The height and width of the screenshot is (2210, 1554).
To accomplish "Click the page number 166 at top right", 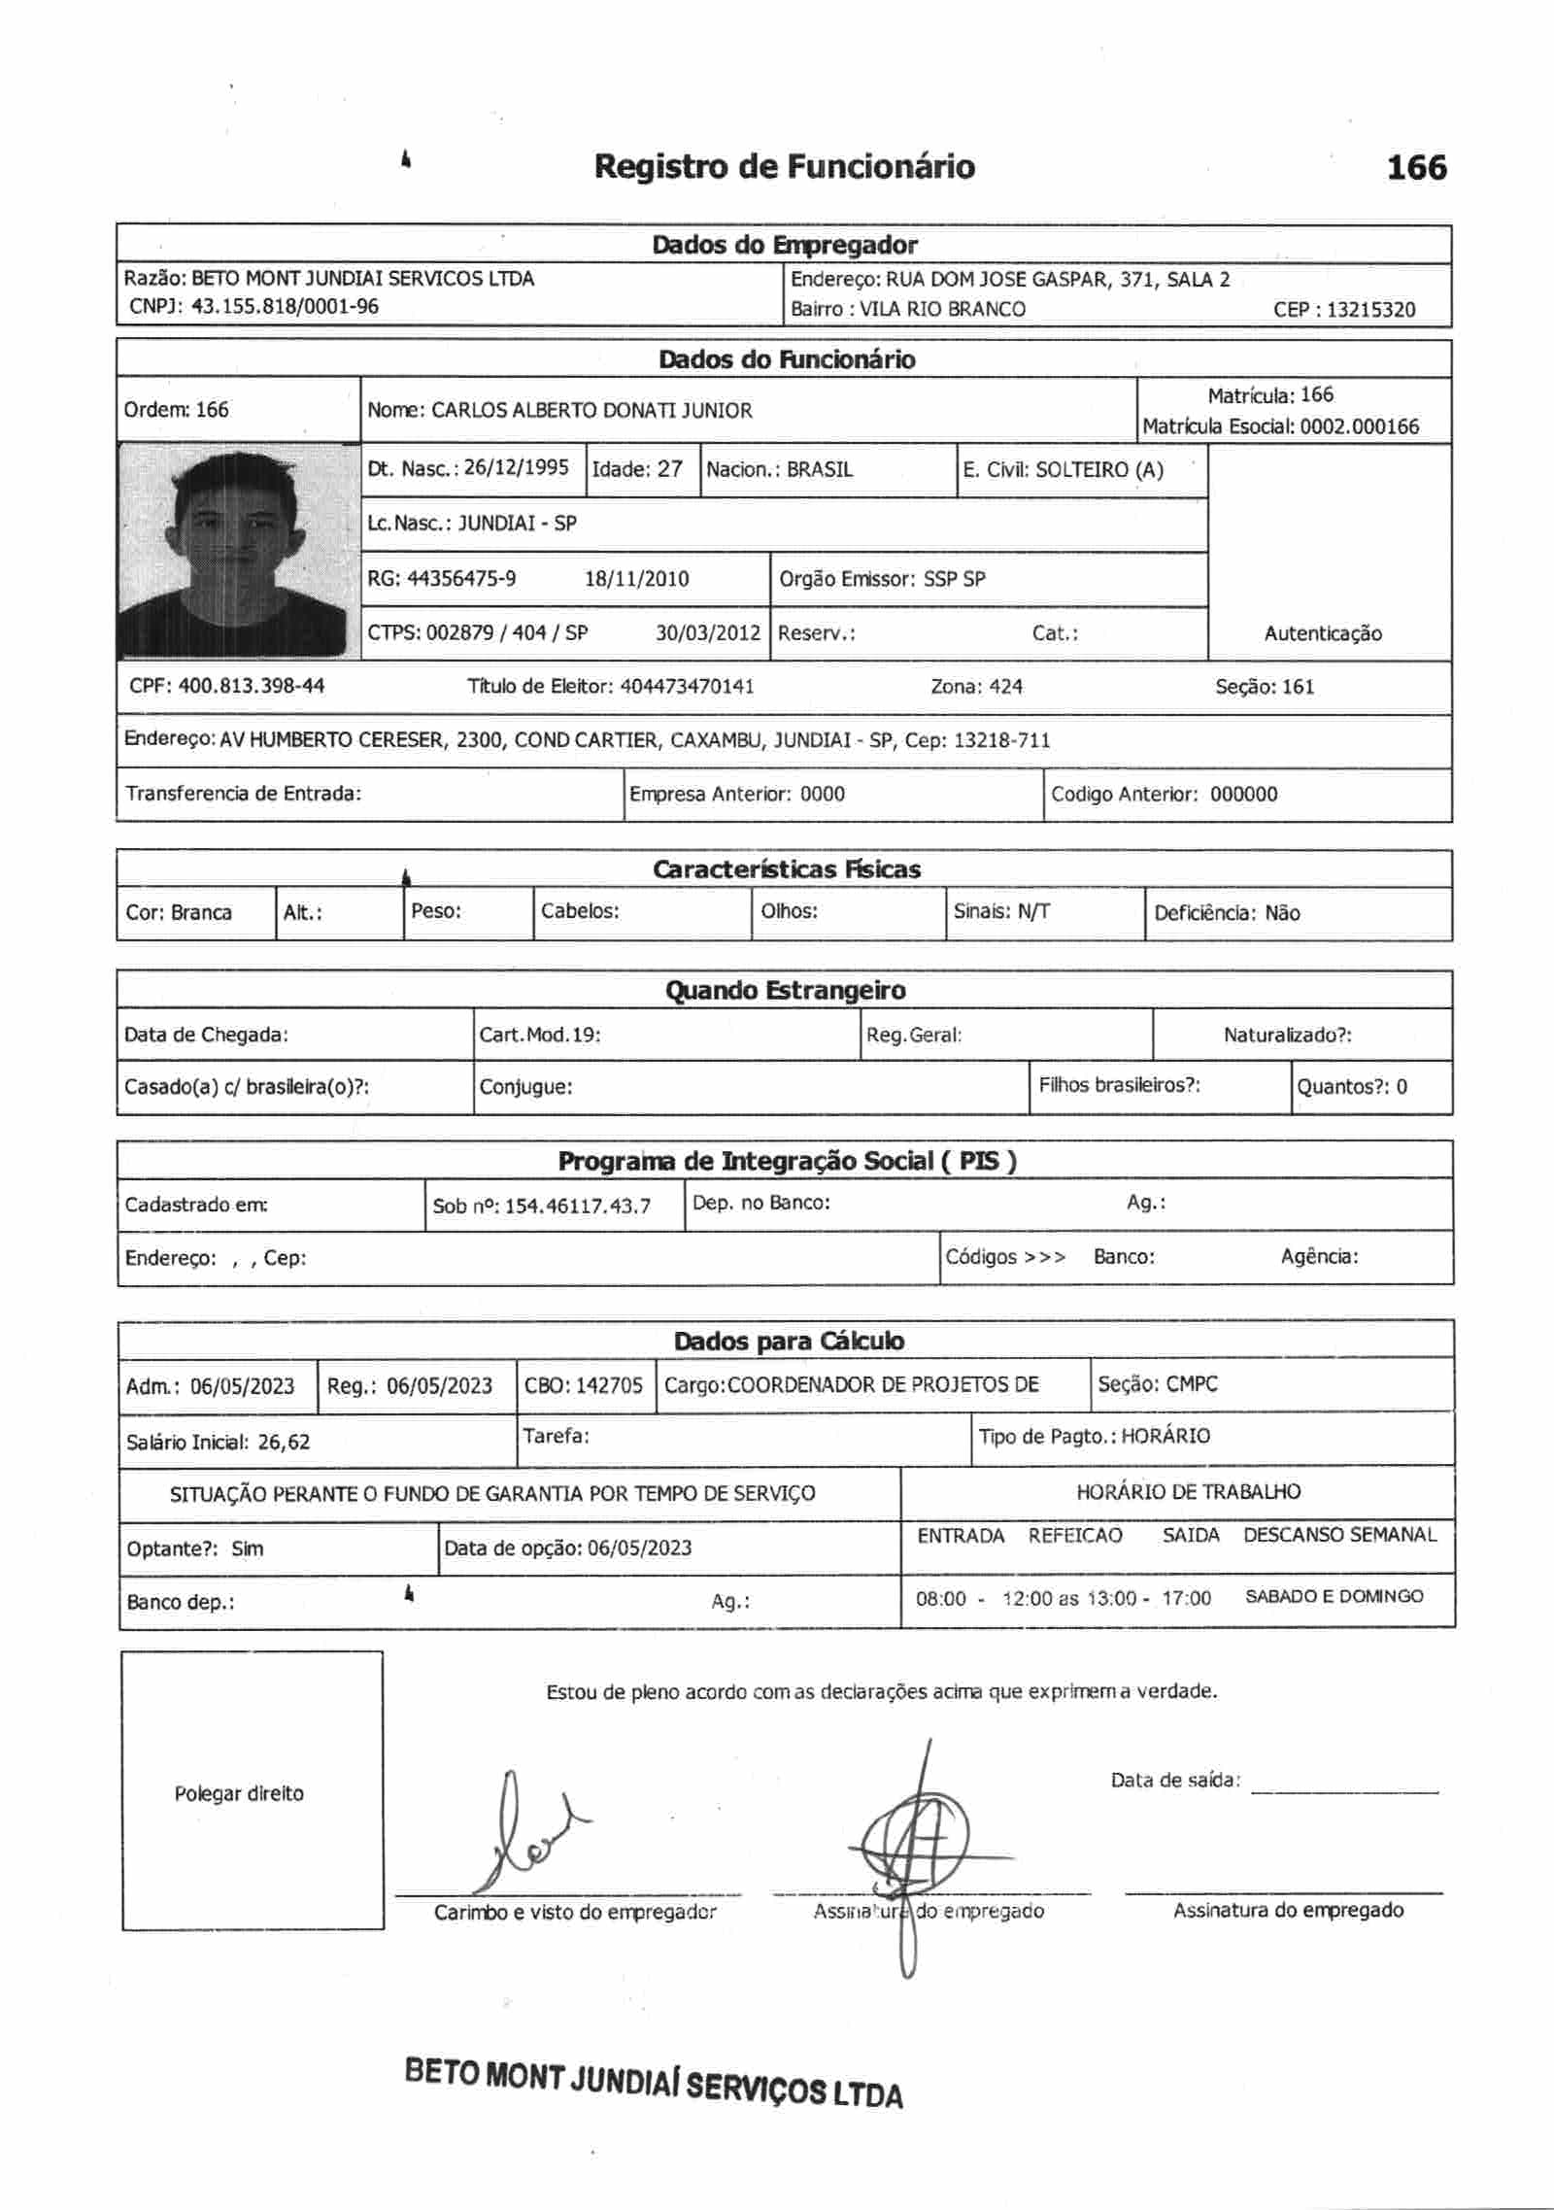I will click(1416, 167).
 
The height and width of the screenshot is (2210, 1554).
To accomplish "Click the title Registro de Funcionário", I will click(784, 167).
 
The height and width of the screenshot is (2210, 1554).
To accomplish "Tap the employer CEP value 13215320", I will click(1370, 310).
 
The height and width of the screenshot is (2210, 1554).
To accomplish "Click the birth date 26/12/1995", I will click(516, 468).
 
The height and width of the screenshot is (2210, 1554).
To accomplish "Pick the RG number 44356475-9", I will click(461, 579).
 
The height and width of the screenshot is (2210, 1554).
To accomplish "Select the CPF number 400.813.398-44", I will click(252, 687).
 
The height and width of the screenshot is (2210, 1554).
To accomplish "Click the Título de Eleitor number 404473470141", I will click(687, 687).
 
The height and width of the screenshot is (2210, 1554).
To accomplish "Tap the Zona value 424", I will click(1005, 687).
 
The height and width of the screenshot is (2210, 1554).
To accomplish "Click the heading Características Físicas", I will click(786, 869).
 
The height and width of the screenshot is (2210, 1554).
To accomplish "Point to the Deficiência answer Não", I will click(1282, 913).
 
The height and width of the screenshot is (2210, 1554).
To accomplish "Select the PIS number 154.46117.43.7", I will click(578, 1207).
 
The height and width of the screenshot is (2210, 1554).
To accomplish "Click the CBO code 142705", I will click(609, 1385).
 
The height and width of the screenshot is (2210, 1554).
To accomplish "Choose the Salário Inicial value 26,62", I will click(284, 1442).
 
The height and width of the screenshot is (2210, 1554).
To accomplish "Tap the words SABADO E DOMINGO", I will click(1334, 1596).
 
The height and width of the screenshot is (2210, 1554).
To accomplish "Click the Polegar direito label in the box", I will click(239, 1793).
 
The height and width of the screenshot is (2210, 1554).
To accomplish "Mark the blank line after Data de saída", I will click(1344, 1791).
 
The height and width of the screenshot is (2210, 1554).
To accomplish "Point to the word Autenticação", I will click(1322, 633).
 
